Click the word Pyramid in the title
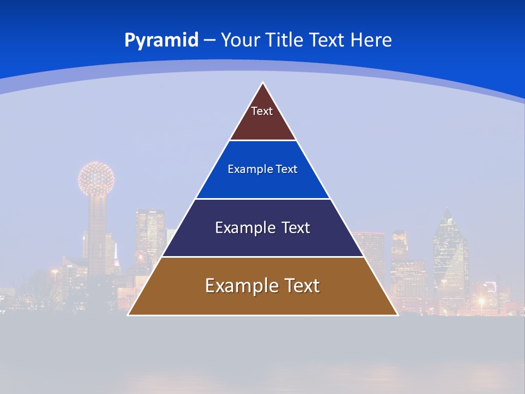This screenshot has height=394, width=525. (161, 40)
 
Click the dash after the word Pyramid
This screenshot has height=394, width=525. (209, 40)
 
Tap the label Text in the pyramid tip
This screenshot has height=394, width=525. (262, 111)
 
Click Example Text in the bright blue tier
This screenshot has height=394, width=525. (262, 169)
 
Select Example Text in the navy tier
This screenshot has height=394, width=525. (262, 228)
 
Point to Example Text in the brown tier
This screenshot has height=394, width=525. (262, 286)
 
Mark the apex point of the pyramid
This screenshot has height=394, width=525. (263, 83)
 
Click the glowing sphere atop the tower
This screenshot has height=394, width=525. (96, 178)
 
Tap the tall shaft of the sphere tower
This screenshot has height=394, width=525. (97, 235)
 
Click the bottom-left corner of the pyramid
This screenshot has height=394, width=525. (129, 314)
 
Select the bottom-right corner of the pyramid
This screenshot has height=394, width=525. (397, 314)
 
